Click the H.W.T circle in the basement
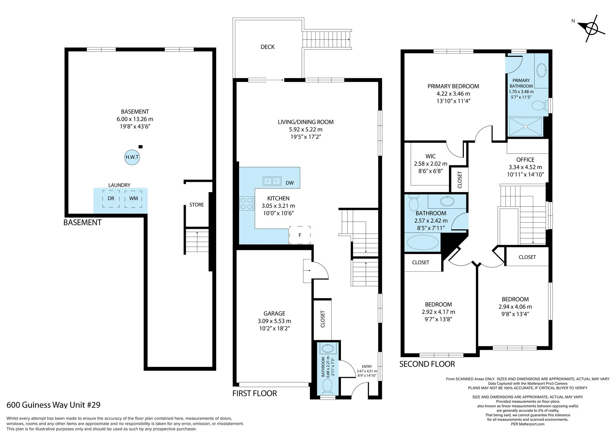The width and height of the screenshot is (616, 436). [132, 157]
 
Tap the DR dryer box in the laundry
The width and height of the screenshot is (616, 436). [111, 199]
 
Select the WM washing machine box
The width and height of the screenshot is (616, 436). [133, 199]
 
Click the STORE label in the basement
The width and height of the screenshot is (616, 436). [197, 205]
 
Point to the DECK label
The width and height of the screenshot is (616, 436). [267, 47]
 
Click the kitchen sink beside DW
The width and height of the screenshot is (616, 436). [272, 181]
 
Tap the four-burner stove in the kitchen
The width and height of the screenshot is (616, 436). [247, 204]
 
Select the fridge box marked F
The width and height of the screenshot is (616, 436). [300, 235]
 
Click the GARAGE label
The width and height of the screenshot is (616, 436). [274, 313]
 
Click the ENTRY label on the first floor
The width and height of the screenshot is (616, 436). [367, 367]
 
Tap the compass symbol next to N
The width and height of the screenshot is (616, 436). [592, 29]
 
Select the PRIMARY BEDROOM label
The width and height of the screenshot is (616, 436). [453, 86]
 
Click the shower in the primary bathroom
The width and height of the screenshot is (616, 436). [525, 126]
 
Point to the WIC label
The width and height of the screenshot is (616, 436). [431, 156]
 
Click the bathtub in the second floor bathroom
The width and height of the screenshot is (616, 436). [423, 242]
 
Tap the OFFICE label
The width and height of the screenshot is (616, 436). [525, 160]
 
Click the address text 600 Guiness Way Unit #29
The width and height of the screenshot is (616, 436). [54, 405]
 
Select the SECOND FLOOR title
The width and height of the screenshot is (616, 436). [427, 364]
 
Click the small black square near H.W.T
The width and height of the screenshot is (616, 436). [140, 147]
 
